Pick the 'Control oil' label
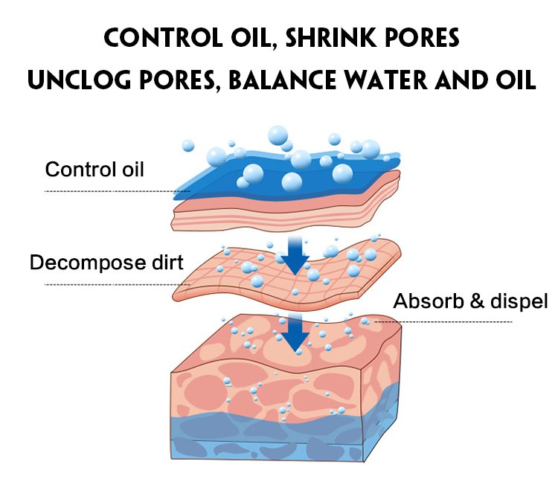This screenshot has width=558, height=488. click(x=94, y=170)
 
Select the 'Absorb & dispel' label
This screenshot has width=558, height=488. click(x=470, y=301)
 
